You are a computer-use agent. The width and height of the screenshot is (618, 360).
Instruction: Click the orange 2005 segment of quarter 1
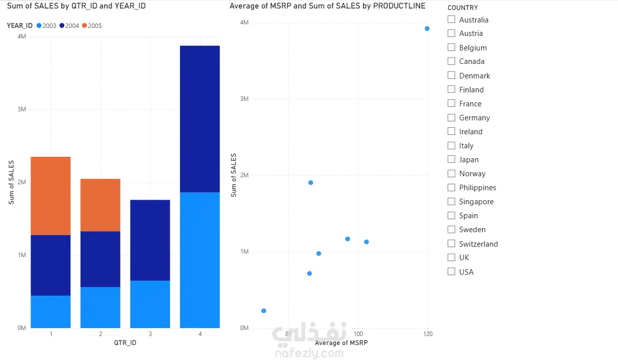point(50,196)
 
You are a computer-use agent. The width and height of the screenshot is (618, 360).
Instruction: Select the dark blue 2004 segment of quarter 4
point(200,119)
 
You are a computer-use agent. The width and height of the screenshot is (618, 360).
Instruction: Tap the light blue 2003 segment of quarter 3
point(150,304)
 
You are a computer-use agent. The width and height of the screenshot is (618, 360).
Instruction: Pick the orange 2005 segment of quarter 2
point(100,205)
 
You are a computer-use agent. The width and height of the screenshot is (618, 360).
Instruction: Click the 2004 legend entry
point(69,25)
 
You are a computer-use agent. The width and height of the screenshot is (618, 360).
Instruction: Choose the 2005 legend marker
point(84,25)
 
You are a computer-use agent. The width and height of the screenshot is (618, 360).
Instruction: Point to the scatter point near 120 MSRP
point(427,28)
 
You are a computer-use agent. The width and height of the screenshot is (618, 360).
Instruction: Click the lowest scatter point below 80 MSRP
point(264,311)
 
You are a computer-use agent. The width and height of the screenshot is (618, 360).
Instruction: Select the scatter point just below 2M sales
point(311,183)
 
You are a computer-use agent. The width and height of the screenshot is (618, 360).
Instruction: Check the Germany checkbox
point(451,117)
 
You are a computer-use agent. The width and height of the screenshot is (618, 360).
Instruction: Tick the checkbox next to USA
point(451,272)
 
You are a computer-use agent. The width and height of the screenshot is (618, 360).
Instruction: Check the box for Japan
point(451,159)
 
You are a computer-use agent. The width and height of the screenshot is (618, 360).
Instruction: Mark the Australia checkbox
point(451,19)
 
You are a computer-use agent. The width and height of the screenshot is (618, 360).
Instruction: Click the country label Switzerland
point(479,244)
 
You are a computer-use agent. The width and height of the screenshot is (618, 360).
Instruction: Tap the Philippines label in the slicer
point(478,188)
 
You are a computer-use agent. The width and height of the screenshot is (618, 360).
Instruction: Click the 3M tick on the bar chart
point(22,109)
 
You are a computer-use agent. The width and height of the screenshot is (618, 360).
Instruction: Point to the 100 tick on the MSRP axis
point(358,334)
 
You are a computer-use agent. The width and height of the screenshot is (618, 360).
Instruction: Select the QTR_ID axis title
point(125,343)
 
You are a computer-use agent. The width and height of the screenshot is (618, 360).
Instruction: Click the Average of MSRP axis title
point(341,343)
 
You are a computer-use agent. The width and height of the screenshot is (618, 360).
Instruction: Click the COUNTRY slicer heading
point(463,7)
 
